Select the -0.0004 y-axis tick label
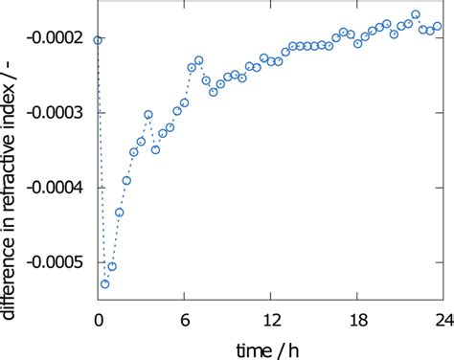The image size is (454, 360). [60, 188]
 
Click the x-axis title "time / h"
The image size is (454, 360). [271, 347]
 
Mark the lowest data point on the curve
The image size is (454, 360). [105, 284]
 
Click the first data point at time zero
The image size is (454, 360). [98, 40]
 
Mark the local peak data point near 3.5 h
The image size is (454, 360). [148, 115]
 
